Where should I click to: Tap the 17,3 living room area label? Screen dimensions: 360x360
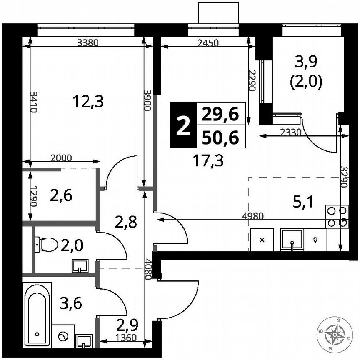(x=208, y=160)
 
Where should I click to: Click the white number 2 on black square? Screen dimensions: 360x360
(x=182, y=125)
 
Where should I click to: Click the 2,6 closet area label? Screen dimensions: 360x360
(x=61, y=195)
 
